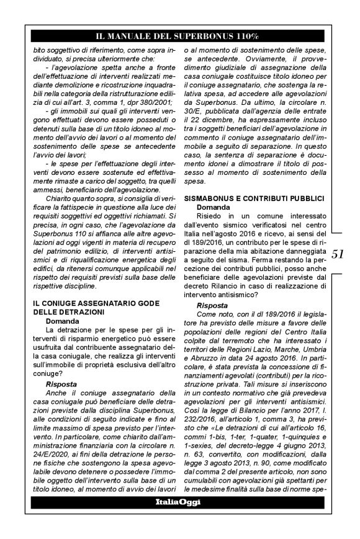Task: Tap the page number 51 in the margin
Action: [339, 254]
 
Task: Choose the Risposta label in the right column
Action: [212, 306]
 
